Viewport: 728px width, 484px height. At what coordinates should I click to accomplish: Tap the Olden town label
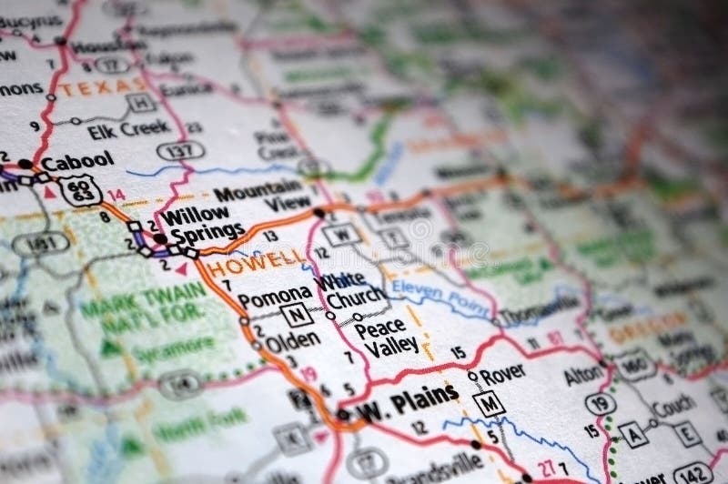tap(291, 340)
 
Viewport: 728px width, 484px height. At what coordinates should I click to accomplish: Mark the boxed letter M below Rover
tap(490, 402)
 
